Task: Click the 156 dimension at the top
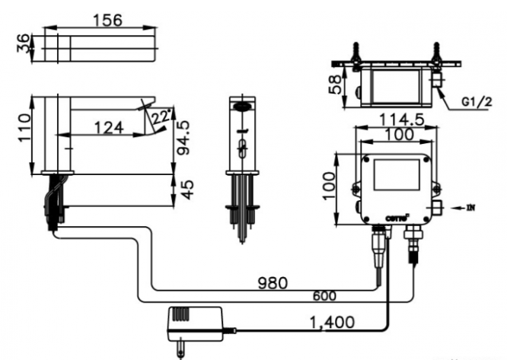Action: (x=107, y=21)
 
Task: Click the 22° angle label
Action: (x=160, y=117)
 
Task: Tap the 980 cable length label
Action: (x=271, y=283)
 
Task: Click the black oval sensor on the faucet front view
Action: (x=241, y=107)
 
